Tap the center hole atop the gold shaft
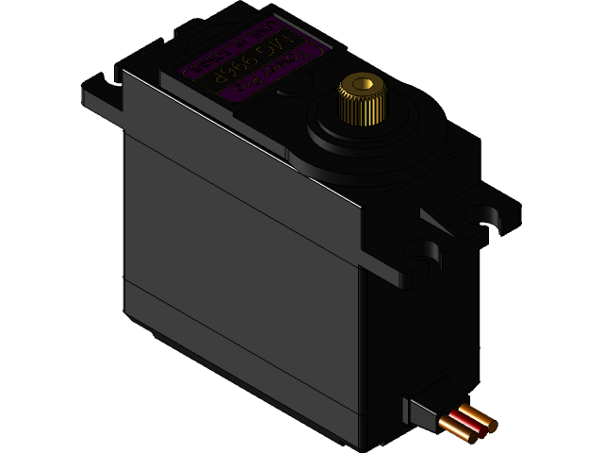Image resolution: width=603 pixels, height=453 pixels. point(359,85)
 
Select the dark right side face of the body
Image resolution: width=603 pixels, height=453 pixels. point(415,330)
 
